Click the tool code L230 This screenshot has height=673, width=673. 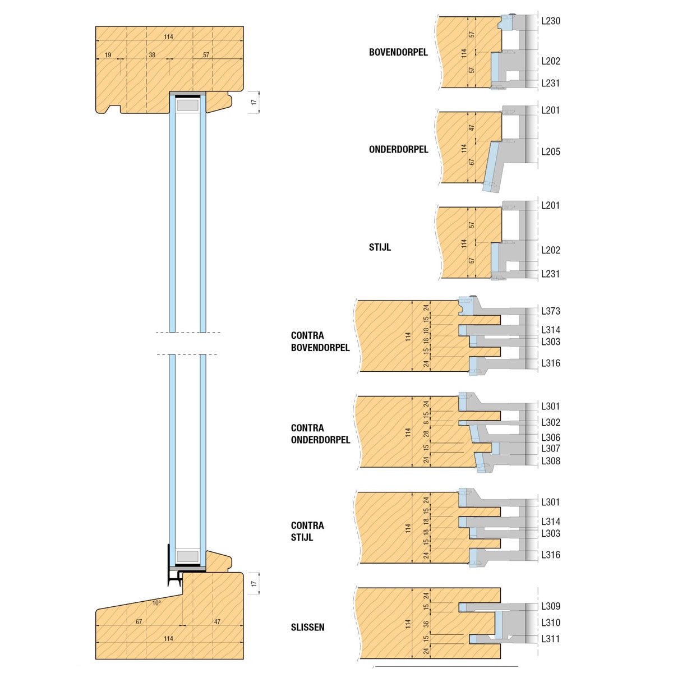tap(550, 21)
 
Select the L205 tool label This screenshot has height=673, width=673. tap(550, 151)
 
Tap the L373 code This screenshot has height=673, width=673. tap(550, 311)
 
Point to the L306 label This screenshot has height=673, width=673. tap(550, 437)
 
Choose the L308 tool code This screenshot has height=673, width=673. tap(550, 461)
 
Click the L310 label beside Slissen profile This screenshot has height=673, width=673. tap(550, 623)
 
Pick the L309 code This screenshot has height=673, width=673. tap(550, 606)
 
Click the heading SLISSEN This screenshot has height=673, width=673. tap(307, 627)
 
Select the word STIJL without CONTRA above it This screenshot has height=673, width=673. tap(380, 247)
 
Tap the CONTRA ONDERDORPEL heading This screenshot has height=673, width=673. tap(320, 434)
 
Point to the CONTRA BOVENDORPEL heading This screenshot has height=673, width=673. tap(320, 341)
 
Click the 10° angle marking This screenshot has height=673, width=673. tap(156, 603)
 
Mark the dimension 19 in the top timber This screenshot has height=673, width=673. tap(108, 55)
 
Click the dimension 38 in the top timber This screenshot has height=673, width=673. tap(152, 55)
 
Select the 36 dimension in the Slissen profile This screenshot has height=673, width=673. tap(426, 624)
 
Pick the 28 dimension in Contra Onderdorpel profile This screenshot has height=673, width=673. tap(426, 433)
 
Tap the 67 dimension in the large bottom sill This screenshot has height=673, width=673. tap(139, 622)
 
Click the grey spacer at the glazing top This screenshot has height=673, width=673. tap(188, 105)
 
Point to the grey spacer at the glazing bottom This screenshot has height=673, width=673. tap(188, 556)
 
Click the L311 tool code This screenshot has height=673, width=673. tap(550, 639)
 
